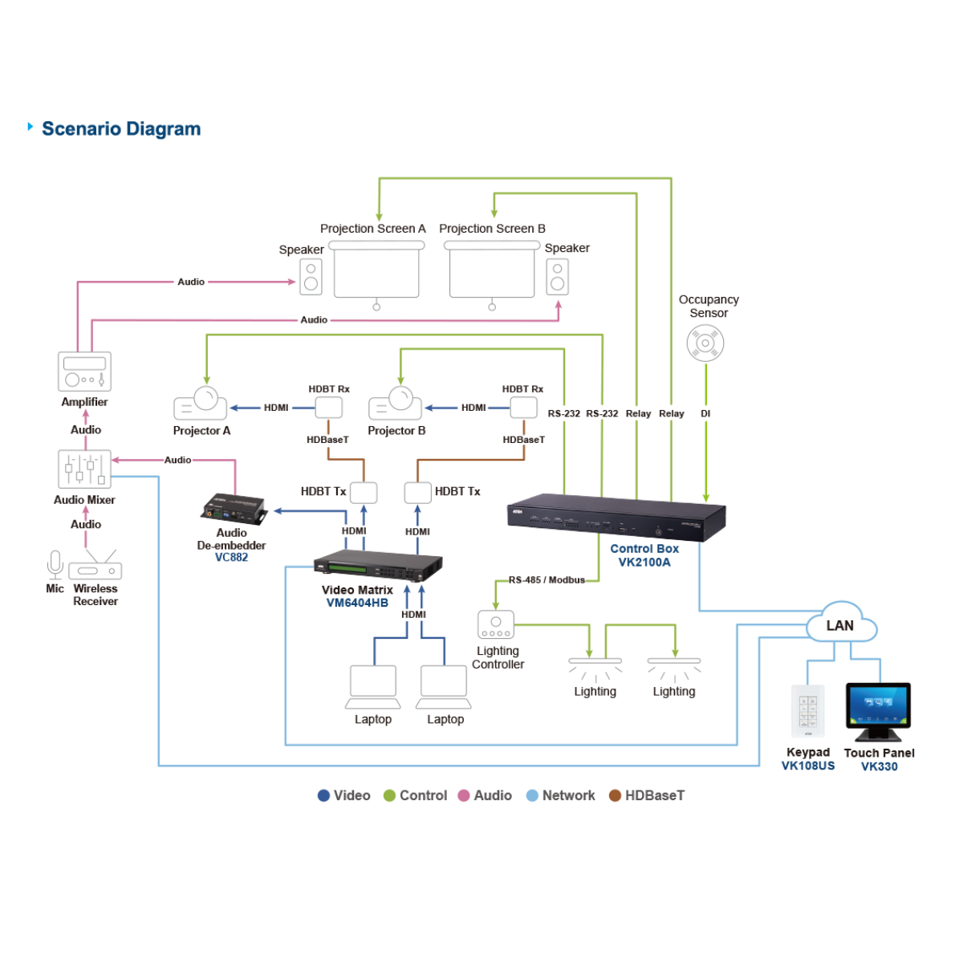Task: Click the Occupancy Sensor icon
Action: click(705, 343)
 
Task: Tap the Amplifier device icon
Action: click(84, 372)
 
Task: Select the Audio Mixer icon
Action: click(84, 469)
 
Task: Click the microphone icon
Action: click(55, 564)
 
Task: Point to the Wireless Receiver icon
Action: click(95, 567)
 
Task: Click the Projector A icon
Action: click(201, 403)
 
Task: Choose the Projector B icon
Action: click(395, 404)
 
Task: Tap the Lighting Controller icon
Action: click(495, 625)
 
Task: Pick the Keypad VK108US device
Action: click(807, 710)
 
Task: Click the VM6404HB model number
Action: click(357, 603)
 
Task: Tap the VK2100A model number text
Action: click(644, 563)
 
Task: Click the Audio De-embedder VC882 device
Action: click(233, 509)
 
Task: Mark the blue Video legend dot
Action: click(324, 795)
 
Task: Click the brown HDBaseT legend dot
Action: click(615, 795)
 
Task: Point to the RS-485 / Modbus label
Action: click(547, 579)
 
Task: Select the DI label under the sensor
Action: click(705, 414)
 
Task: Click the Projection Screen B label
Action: click(492, 229)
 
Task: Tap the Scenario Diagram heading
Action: click(121, 129)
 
